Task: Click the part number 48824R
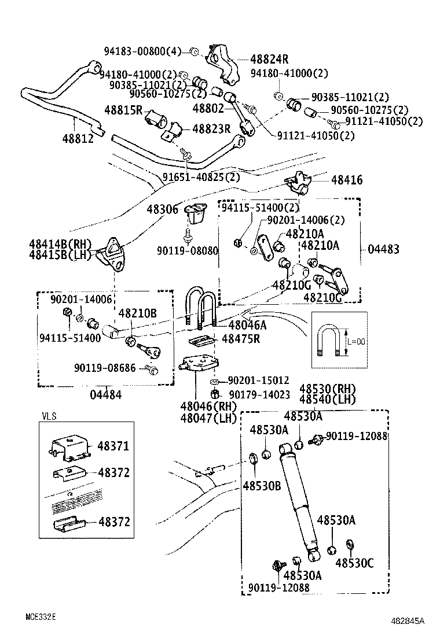click(x=270, y=59)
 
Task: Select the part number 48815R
click(x=123, y=109)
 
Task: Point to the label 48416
click(x=347, y=180)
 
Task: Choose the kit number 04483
click(x=383, y=249)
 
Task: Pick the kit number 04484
click(x=106, y=394)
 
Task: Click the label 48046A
click(x=247, y=326)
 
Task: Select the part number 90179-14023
click(x=259, y=394)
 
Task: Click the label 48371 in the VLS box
click(x=113, y=446)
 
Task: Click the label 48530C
click(x=354, y=562)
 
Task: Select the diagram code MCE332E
click(x=40, y=616)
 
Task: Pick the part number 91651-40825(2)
click(x=201, y=177)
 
